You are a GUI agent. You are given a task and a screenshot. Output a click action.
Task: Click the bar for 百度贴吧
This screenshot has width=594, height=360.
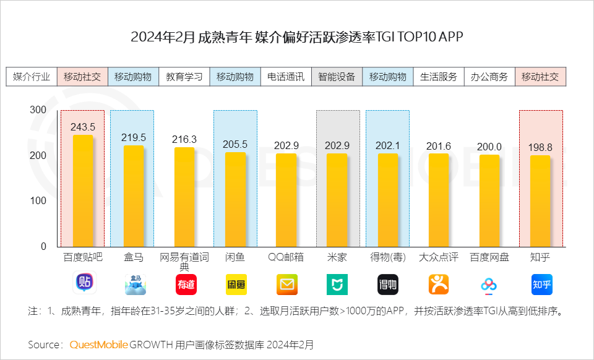click(82, 191)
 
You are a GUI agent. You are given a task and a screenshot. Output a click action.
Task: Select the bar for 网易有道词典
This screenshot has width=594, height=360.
click(184, 197)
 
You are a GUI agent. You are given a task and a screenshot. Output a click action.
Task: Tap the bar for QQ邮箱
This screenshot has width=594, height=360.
click(286, 200)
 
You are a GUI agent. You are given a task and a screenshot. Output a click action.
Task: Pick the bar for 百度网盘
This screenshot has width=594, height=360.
click(489, 200)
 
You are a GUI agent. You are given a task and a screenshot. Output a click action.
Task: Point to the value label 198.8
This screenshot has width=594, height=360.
click(540, 147)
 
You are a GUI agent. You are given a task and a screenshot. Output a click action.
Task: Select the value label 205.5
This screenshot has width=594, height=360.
click(235, 144)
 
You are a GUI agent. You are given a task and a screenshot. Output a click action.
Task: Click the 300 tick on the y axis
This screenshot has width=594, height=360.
click(38, 109)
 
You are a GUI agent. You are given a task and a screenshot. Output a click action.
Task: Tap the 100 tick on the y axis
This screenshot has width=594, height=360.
click(38, 201)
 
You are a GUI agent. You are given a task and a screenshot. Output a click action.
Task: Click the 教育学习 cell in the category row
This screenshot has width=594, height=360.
click(184, 77)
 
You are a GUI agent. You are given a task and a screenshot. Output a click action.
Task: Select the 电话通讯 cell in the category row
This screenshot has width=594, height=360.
click(286, 77)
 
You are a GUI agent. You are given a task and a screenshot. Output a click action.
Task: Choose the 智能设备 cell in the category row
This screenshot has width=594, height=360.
click(337, 77)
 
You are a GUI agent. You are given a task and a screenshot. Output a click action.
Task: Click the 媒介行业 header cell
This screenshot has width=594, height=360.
click(32, 77)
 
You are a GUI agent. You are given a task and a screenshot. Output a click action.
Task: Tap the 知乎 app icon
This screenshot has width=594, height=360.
click(541, 284)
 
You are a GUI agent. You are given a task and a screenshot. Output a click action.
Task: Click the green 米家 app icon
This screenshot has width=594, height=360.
click(337, 284)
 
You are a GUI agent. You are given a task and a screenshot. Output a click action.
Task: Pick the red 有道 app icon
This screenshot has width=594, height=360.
click(186, 284)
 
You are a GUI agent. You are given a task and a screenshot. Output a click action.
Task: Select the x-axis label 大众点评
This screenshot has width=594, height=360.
click(439, 257)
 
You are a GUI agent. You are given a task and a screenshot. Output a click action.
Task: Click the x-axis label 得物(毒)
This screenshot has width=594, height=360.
click(387, 257)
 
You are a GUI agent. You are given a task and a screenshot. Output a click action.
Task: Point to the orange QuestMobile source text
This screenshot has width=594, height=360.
click(98, 344)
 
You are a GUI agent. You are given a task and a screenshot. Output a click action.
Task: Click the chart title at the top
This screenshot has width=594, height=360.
click(297, 37)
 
